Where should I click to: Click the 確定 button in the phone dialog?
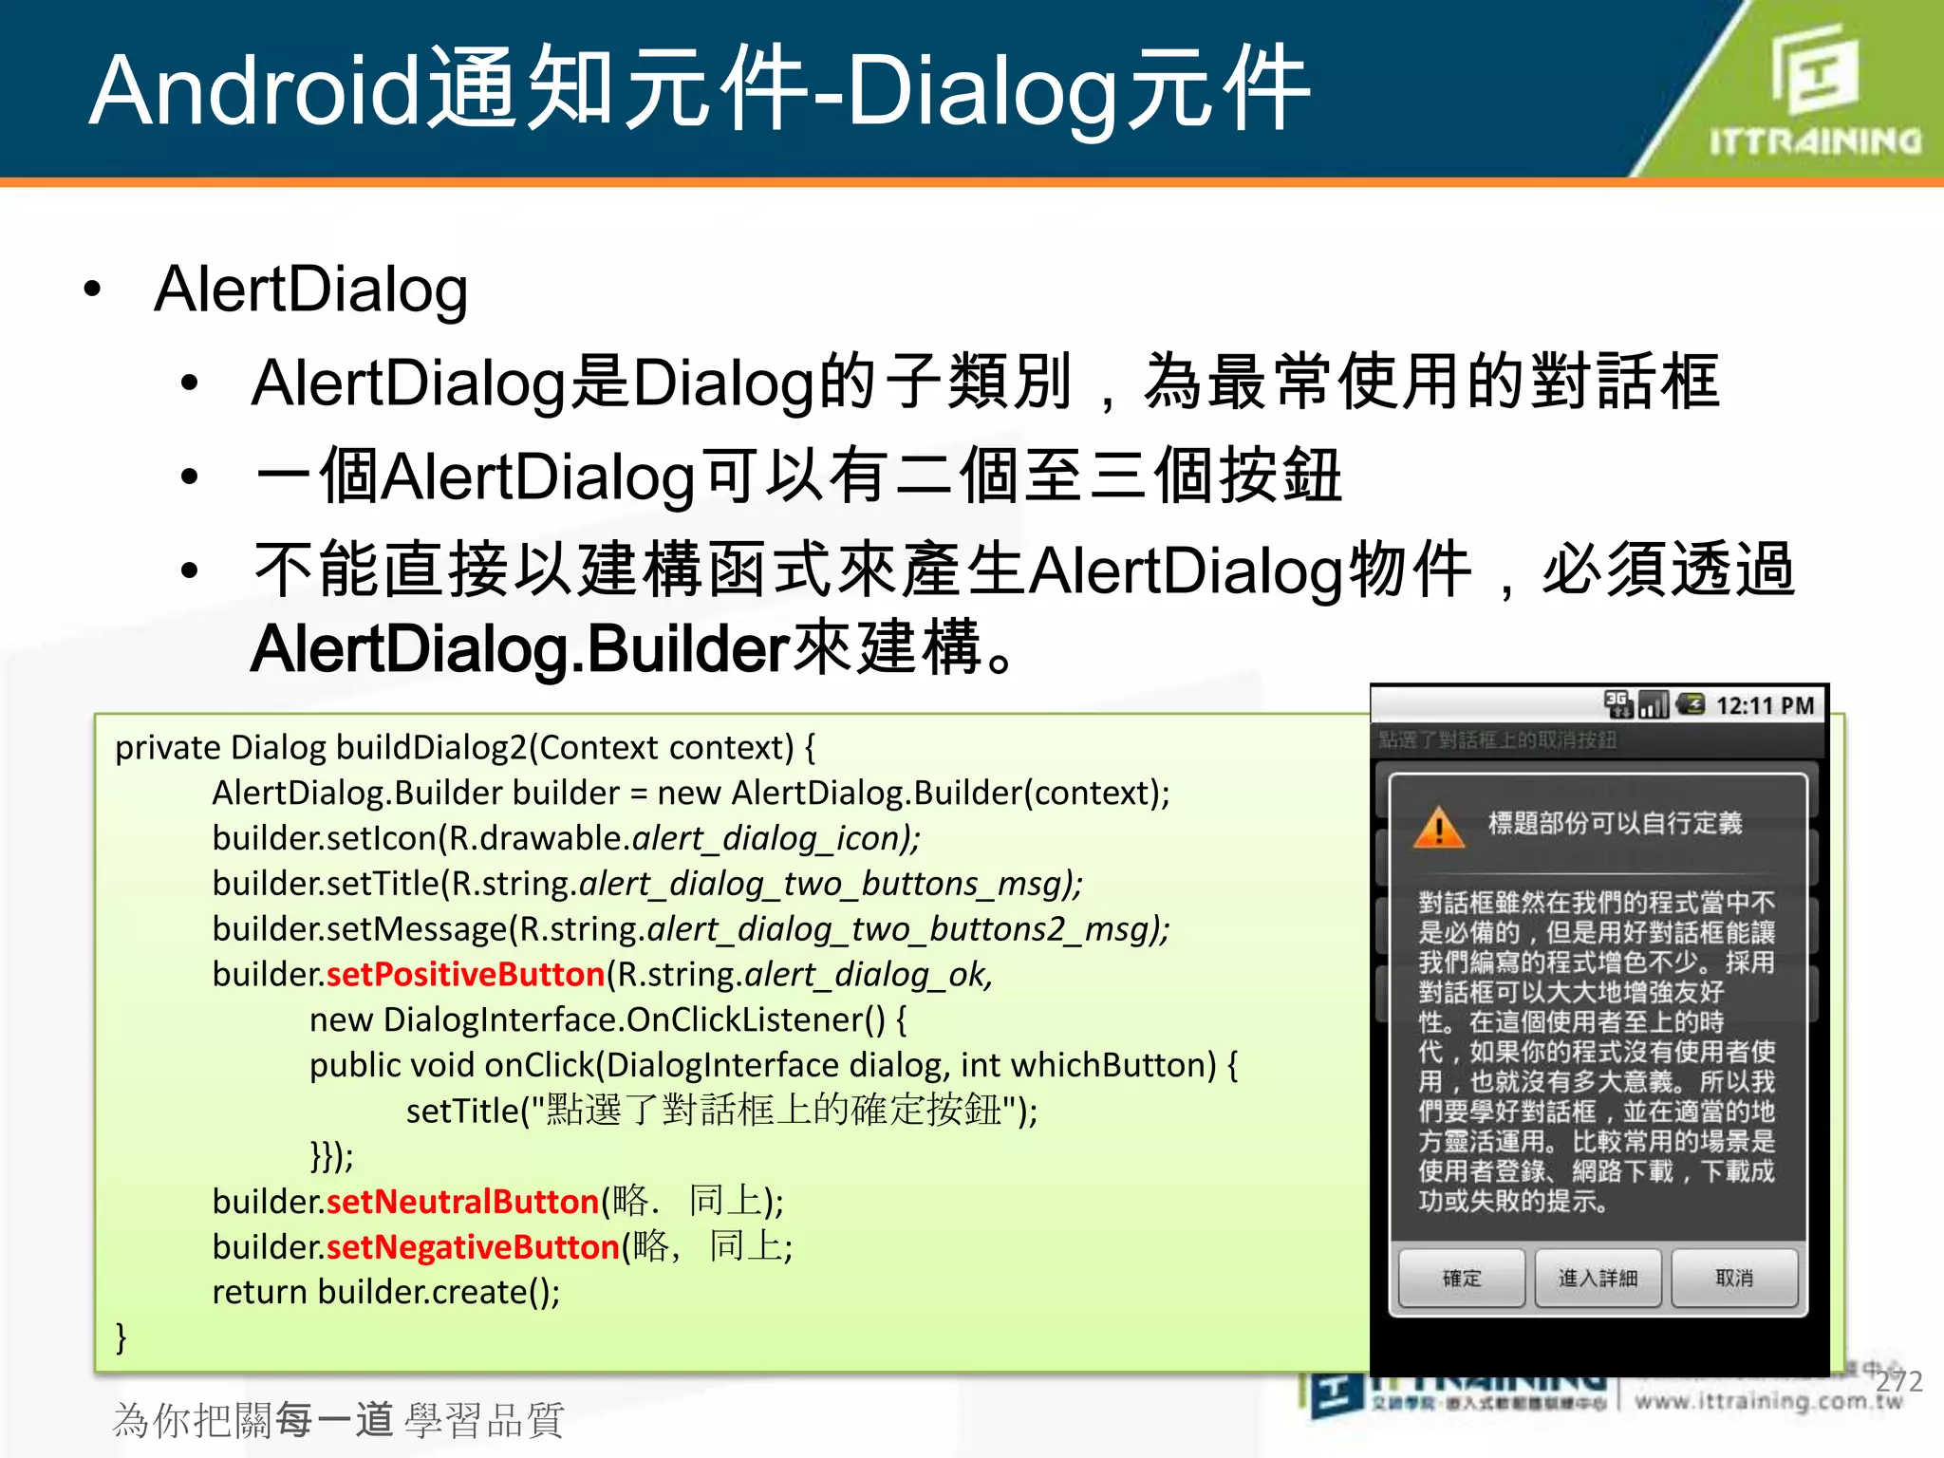click(x=1461, y=1279)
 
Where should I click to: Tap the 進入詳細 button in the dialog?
click(x=1598, y=1279)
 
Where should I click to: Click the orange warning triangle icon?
click(x=1439, y=827)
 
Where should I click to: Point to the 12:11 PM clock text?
click(x=1765, y=706)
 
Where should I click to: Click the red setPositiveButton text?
click(x=465, y=975)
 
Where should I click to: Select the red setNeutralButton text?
click(x=462, y=1202)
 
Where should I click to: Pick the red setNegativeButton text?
click(x=473, y=1247)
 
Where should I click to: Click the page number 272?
click(x=1898, y=1381)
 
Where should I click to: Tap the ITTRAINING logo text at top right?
click(x=1815, y=141)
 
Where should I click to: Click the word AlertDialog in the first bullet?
click(x=311, y=290)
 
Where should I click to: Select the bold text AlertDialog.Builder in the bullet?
click(x=520, y=650)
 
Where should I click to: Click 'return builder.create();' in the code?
click(x=386, y=1293)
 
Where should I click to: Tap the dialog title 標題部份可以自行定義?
click(x=1615, y=823)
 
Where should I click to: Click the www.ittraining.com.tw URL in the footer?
click(x=1767, y=1402)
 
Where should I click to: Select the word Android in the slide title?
click(x=254, y=90)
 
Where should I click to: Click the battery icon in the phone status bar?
click(x=1691, y=704)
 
